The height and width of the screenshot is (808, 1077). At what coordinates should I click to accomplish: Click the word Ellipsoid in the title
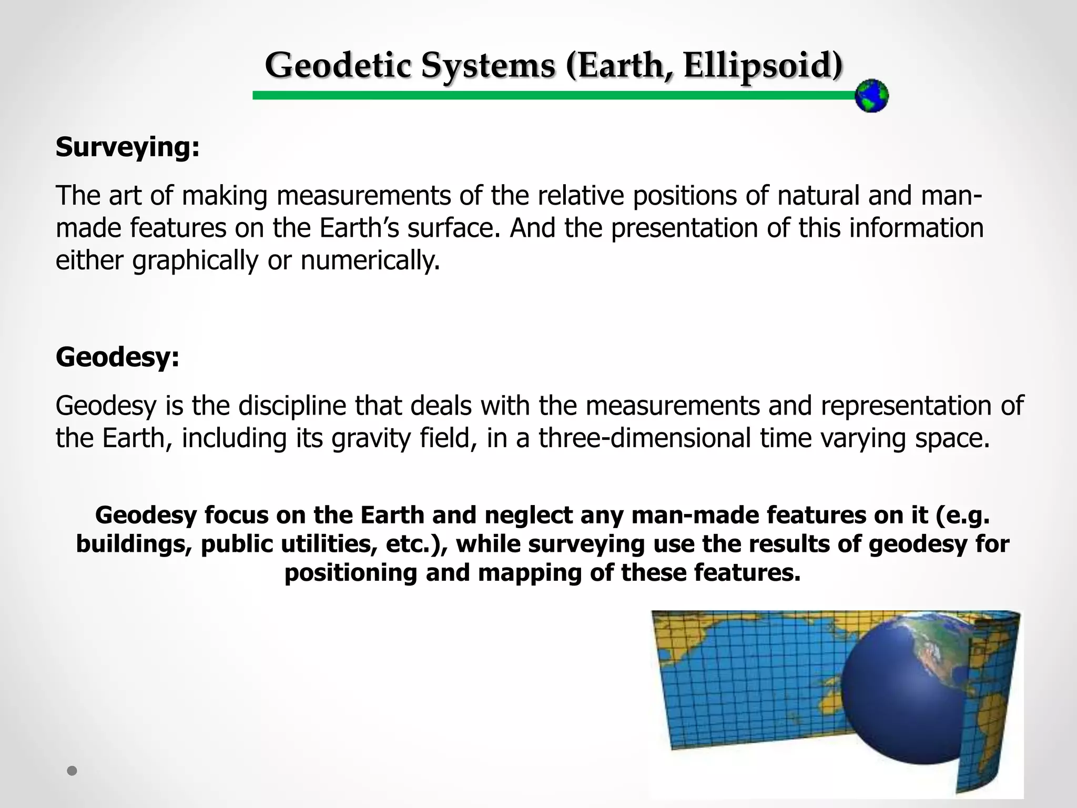763,67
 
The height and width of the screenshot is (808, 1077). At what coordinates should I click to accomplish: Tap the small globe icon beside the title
871,96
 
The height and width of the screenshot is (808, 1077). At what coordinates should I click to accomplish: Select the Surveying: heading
128,147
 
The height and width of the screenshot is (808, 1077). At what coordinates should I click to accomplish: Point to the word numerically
370,260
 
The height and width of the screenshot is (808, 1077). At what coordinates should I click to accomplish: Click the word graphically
195,261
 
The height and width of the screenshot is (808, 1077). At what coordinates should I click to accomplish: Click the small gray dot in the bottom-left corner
72,771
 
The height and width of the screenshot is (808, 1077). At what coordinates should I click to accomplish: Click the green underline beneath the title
552,95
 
